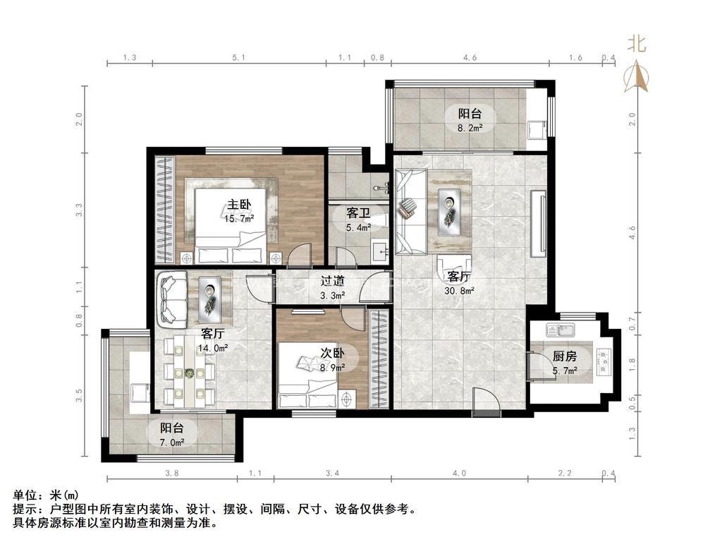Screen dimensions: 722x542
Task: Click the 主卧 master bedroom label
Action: click(239, 204)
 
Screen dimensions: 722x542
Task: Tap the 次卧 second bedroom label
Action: click(333, 353)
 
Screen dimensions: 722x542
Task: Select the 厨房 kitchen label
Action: click(565, 356)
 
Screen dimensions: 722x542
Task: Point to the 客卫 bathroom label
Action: click(358, 213)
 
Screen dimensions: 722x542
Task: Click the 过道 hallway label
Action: click(333, 281)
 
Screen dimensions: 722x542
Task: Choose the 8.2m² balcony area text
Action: click(470, 128)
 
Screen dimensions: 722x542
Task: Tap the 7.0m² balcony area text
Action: click(172, 442)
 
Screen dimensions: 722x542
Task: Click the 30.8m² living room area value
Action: click(459, 291)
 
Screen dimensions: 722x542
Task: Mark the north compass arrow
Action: click(637, 76)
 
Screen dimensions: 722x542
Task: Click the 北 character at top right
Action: click(637, 44)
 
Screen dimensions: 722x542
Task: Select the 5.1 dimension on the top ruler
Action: click(238, 58)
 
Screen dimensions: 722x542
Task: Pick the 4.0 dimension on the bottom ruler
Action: click(459, 473)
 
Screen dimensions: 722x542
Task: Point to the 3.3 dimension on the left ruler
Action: click(79, 210)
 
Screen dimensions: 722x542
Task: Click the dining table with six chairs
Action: click(190, 371)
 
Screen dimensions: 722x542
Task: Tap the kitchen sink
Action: click(561, 330)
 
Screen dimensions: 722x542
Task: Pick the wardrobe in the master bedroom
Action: click(165, 210)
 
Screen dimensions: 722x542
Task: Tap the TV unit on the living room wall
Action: click(538, 223)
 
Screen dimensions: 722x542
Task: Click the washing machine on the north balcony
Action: click(537, 130)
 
